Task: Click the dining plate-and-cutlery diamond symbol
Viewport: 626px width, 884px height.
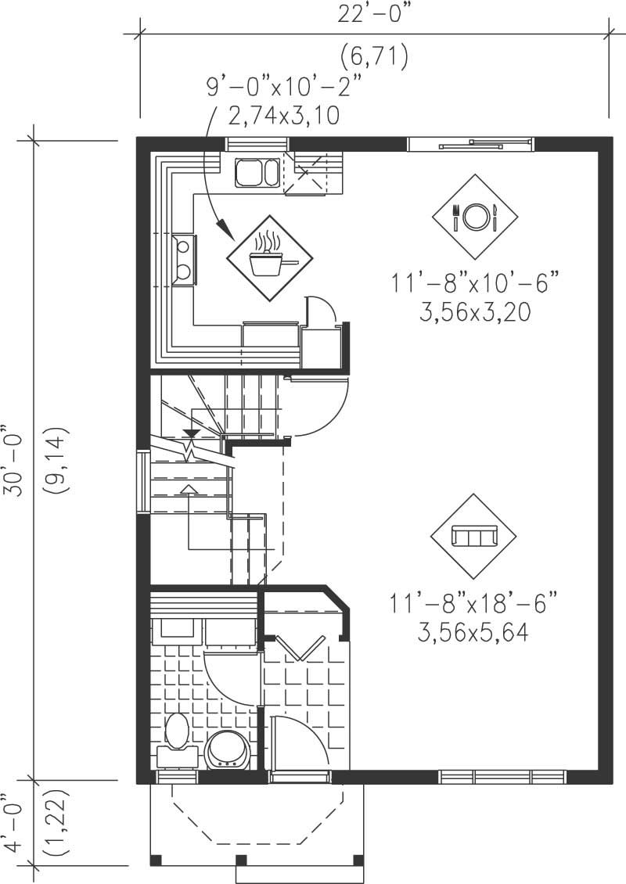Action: (x=475, y=217)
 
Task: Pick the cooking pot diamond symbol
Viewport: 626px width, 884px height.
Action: (x=269, y=257)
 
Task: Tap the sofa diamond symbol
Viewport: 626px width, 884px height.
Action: (x=474, y=537)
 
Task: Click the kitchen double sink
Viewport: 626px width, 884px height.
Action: (x=257, y=171)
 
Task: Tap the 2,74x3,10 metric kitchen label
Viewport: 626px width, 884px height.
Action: (x=284, y=117)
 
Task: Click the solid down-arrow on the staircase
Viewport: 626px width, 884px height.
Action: (x=189, y=433)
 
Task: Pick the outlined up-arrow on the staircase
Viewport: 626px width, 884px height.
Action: (x=189, y=489)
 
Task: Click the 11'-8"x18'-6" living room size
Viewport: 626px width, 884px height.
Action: (x=475, y=603)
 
